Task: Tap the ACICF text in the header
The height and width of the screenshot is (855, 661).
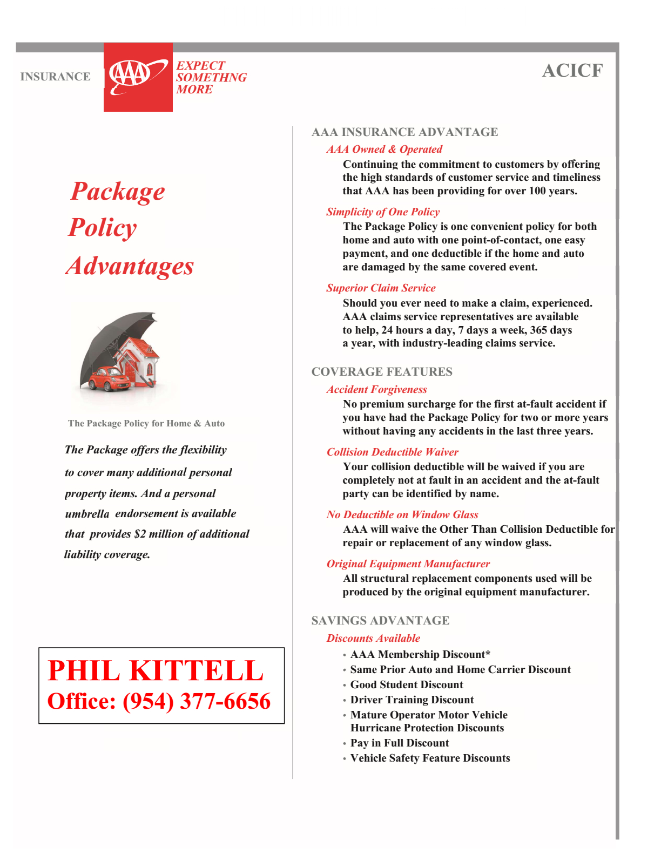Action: (x=572, y=71)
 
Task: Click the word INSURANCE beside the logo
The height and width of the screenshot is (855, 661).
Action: (x=55, y=77)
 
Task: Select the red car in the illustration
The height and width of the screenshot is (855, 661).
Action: (x=109, y=378)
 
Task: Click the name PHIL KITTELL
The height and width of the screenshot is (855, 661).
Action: (x=156, y=670)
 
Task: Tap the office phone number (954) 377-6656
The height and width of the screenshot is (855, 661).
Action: (x=197, y=701)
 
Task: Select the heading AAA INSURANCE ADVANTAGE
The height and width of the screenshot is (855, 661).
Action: (x=404, y=132)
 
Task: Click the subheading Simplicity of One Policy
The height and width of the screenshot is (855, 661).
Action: (x=382, y=212)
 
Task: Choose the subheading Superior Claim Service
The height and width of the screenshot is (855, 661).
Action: (x=381, y=288)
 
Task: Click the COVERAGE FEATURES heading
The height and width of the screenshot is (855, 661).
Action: (x=382, y=372)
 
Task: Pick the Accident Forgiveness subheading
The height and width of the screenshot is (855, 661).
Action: (x=376, y=389)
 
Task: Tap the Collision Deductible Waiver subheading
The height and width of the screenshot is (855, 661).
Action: (x=392, y=452)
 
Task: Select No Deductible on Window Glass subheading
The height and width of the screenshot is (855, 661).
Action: (x=402, y=514)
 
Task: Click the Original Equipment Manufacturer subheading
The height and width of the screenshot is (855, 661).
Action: (x=408, y=564)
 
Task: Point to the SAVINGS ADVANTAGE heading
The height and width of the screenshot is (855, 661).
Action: (x=380, y=621)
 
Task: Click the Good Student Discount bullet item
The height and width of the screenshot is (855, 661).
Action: (x=407, y=684)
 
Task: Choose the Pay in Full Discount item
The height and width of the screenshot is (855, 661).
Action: (x=400, y=743)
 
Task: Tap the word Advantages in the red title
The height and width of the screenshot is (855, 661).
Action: (x=130, y=266)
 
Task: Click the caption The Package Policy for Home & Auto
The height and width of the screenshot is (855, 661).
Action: (x=146, y=423)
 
